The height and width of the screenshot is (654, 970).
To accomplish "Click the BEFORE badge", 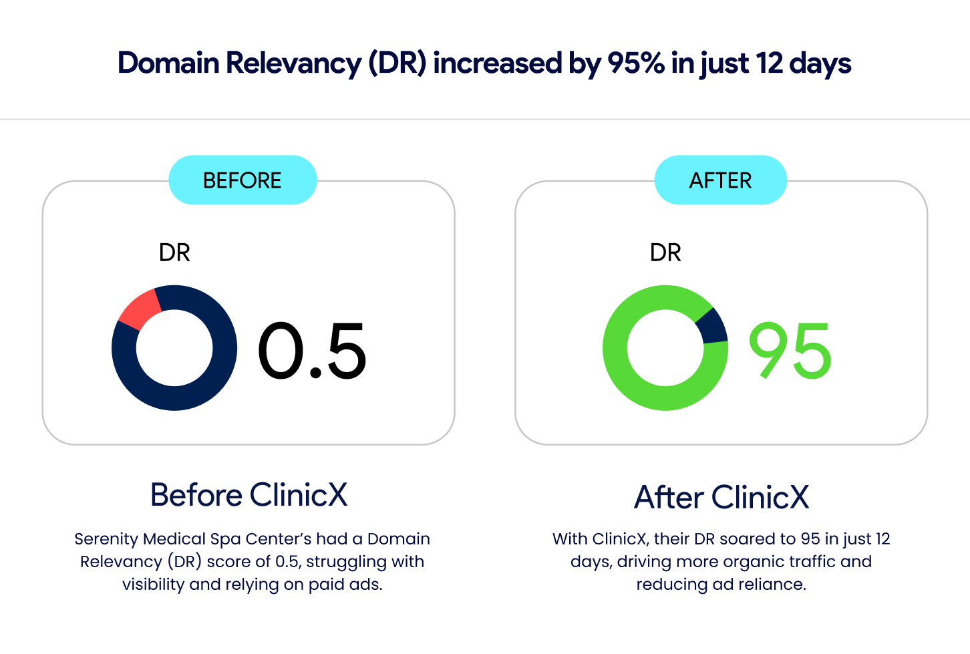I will click(x=242, y=180).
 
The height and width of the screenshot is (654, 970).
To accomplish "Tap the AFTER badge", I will click(x=720, y=180).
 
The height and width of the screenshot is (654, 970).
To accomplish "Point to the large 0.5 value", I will click(x=312, y=351).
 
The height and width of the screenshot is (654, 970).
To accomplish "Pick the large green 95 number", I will click(x=790, y=351).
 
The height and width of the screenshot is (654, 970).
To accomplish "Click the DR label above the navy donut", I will click(x=174, y=253).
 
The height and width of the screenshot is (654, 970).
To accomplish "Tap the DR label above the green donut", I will click(x=665, y=253).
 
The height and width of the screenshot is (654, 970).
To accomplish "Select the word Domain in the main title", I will click(x=168, y=63).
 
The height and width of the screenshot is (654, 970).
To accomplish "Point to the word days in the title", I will click(x=820, y=63).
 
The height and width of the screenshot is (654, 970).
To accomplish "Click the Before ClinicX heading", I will click(x=249, y=495).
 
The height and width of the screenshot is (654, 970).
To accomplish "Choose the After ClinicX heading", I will click(x=721, y=498).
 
